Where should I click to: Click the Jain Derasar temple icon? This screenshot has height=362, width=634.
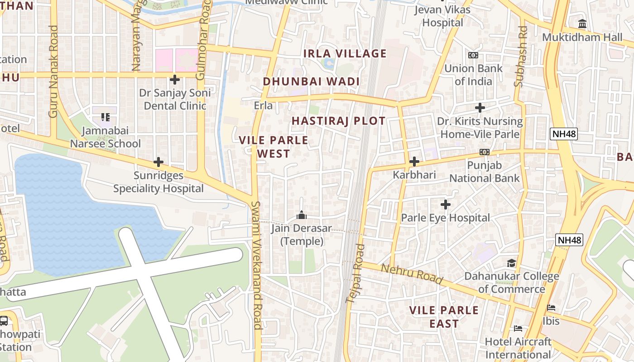click(x=301, y=215)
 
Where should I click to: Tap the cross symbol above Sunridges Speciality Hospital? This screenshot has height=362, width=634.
click(x=158, y=162)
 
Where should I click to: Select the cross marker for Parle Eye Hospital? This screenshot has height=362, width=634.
click(x=446, y=205)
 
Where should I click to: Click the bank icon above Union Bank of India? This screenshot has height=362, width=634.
click(x=473, y=55)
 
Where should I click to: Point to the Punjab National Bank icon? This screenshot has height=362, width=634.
click(x=485, y=152)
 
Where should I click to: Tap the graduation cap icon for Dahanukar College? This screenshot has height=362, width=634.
click(x=511, y=263)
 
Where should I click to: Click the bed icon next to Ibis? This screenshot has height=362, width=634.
click(x=551, y=308)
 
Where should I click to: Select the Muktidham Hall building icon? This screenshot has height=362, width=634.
click(x=582, y=24)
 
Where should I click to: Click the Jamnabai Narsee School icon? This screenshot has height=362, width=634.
click(x=106, y=117)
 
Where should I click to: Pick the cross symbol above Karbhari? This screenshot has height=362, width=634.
click(x=414, y=162)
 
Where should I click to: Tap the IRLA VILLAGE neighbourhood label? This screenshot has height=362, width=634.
click(x=345, y=53)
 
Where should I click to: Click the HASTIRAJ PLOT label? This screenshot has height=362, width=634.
click(x=338, y=121)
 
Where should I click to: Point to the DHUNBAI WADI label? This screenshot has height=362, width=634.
click(x=311, y=81)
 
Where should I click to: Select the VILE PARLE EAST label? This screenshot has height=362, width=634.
click(x=444, y=317)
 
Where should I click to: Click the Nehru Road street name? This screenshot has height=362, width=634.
click(x=412, y=274)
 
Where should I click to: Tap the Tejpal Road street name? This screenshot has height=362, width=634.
click(x=355, y=273)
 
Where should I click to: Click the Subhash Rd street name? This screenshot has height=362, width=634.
click(x=521, y=56)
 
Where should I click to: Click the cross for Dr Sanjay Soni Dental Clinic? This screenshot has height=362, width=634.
click(x=175, y=80)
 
